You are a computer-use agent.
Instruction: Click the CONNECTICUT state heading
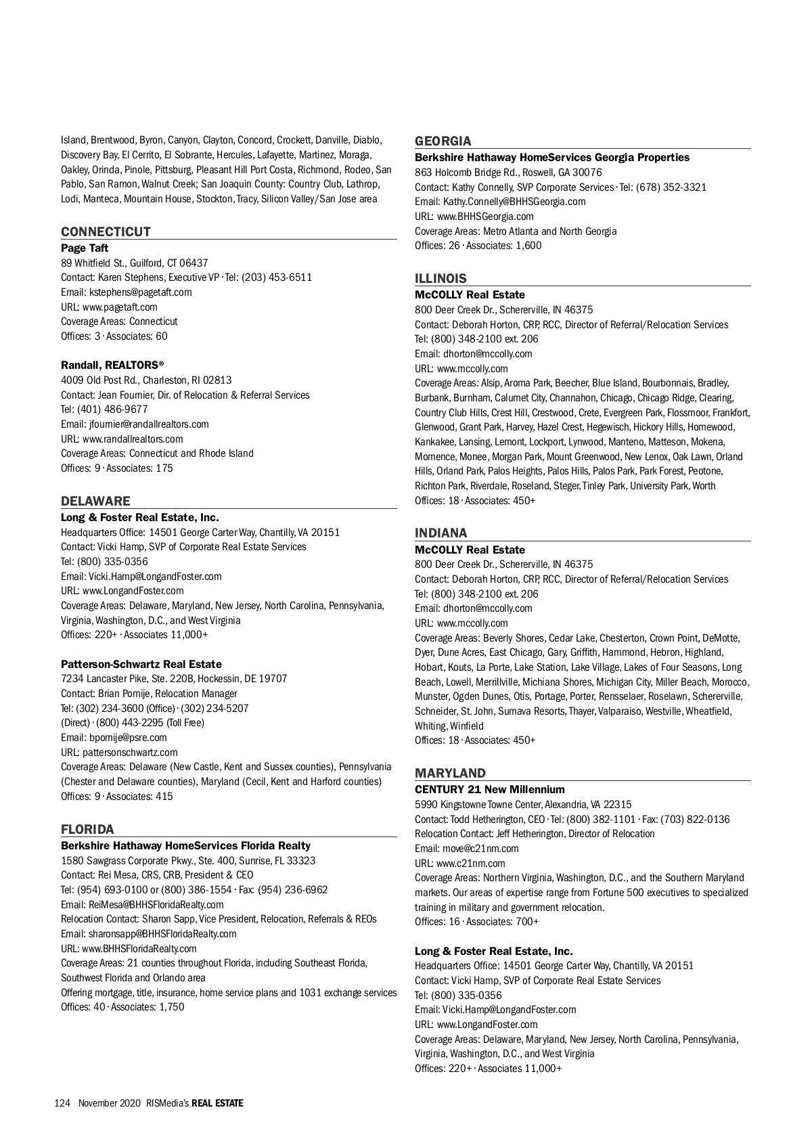106,231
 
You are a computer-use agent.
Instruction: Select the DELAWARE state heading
95,501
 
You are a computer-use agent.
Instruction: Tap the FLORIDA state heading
87,829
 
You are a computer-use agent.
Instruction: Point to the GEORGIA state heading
443,141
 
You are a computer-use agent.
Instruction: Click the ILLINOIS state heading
441,278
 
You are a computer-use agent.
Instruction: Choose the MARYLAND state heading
450,773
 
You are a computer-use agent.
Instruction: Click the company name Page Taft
85,248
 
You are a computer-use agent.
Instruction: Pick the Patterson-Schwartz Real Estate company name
141,665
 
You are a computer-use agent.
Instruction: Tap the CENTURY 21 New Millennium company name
489,790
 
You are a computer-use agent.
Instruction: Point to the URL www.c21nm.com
470,864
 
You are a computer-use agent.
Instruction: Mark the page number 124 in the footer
62,1103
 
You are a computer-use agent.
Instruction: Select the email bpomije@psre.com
127,738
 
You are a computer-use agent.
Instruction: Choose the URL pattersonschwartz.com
130,753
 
